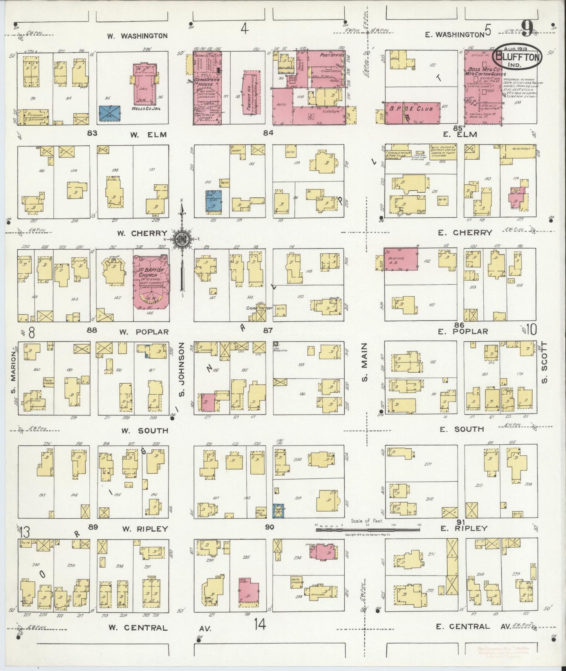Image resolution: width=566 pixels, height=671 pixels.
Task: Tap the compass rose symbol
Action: (182, 238)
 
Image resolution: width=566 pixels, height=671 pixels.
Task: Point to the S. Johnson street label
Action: (181, 369)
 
